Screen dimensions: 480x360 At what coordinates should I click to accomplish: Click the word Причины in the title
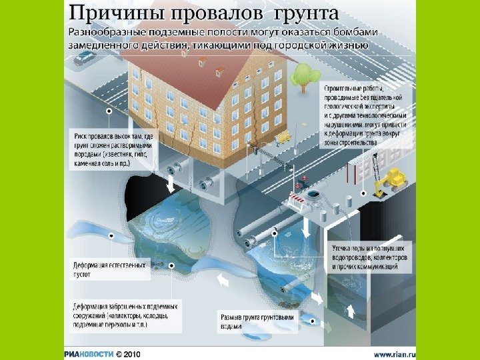(x=109, y=13)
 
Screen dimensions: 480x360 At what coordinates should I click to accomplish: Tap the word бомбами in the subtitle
(x=349, y=32)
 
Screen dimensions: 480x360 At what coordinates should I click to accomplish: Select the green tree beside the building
(x=304, y=75)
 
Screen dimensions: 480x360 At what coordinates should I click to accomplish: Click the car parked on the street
(x=85, y=58)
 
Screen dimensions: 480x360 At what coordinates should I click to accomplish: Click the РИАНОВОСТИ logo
(x=89, y=353)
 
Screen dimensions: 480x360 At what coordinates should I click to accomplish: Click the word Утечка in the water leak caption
(x=342, y=248)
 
